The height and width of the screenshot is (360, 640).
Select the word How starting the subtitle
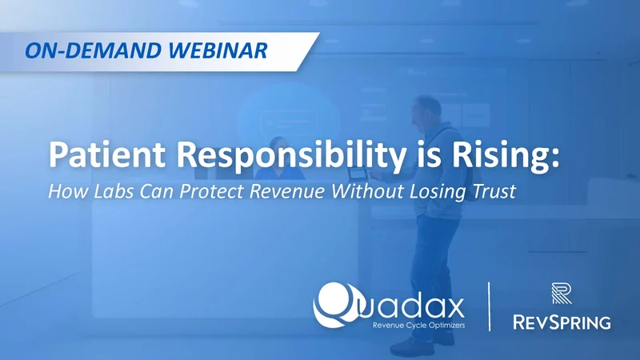tap(63, 192)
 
